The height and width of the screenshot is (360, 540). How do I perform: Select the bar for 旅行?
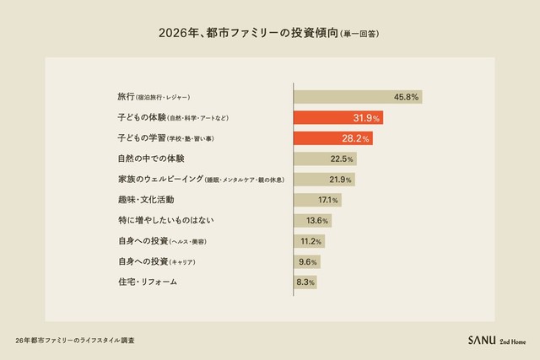point(357,97)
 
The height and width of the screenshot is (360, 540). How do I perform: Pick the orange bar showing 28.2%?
point(332,138)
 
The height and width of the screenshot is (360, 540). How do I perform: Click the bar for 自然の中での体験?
point(325,159)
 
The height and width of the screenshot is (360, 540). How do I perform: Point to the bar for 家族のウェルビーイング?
point(324,180)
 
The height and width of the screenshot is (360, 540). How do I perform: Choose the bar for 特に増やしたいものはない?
point(312,220)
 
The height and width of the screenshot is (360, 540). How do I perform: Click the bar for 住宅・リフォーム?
point(305,282)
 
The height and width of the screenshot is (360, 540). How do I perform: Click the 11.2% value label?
point(311,241)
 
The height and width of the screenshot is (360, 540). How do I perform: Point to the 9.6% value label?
point(308,261)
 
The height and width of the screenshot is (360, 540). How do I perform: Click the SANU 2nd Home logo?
point(495,340)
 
